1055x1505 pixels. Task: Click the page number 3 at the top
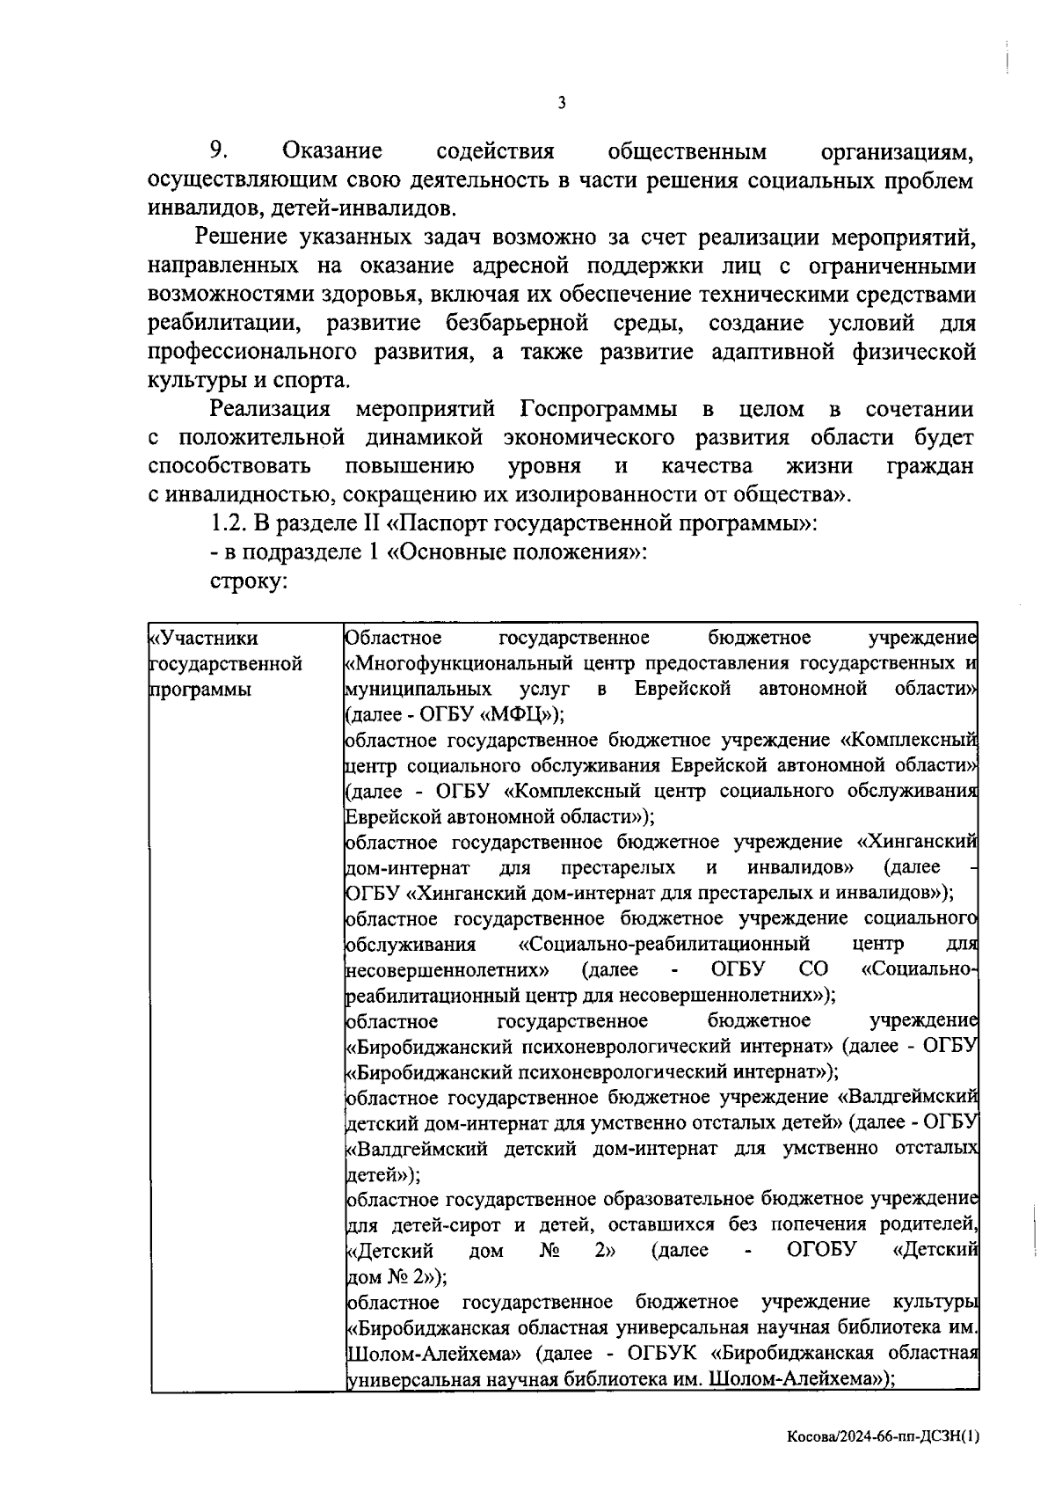click(x=562, y=103)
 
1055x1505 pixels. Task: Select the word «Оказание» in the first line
click(x=332, y=151)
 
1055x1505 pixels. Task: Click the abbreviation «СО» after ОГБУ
click(x=814, y=969)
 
